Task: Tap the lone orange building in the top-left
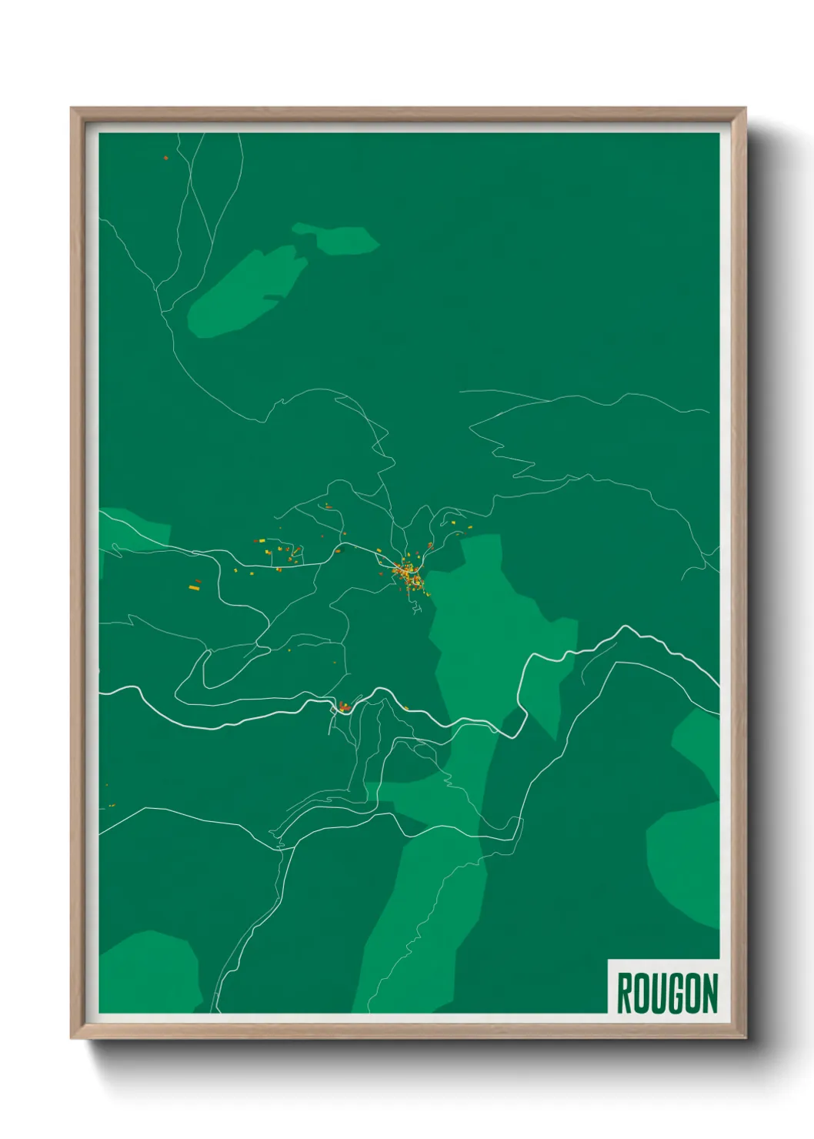coord(165,158)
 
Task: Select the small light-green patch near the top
coord(339,238)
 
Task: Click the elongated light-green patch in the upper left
coord(242,292)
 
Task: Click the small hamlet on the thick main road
coord(344,706)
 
